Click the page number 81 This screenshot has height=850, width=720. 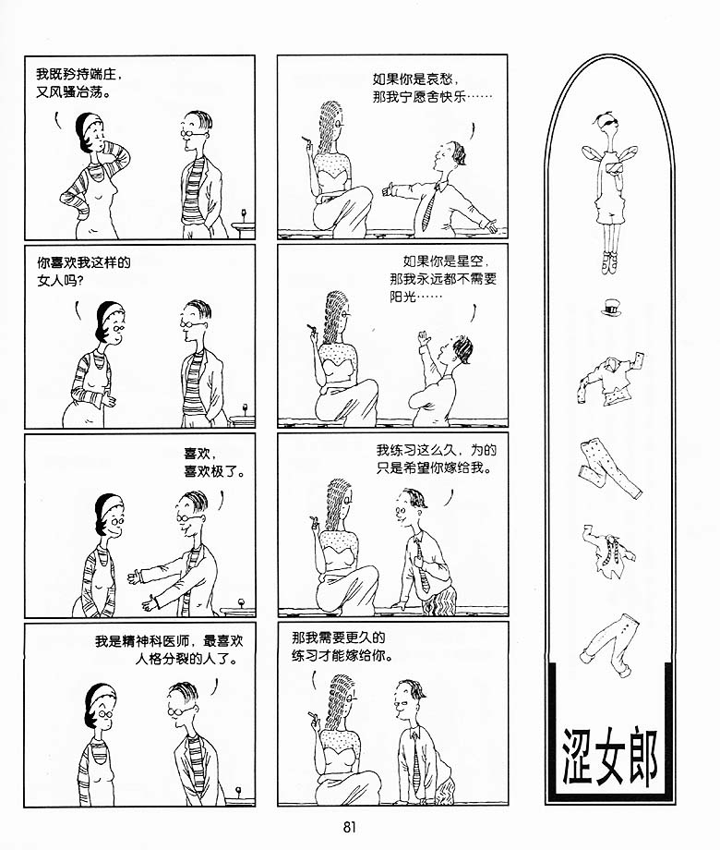(350, 827)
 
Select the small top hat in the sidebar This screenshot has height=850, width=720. (610, 309)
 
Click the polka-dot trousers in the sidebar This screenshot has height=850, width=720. (610, 469)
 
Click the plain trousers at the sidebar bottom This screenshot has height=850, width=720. (611, 645)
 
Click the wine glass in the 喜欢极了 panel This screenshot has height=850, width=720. (240, 604)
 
